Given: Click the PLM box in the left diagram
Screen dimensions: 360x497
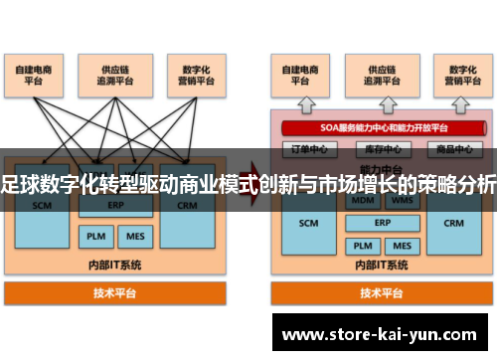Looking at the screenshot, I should click(x=94, y=237).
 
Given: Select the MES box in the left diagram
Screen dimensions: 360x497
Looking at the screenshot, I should click(x=132, y=237).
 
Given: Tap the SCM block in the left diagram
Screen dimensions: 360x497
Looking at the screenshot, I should click(x=42, y=208).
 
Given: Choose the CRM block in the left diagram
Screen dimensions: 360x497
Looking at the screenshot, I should click(x=187, y=208).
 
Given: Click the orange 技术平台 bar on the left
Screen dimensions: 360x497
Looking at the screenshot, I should click(x=115, y=292).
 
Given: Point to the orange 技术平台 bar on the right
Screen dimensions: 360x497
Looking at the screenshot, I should click(x=381, y=292).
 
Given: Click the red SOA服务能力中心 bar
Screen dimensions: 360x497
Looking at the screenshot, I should click(x=383, y=128).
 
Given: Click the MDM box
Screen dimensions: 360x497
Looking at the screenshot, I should click(x=363, y=200).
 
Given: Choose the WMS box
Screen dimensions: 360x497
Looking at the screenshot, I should click(x=402, y=200).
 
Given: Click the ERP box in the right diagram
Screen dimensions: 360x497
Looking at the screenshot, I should click(x=382, y=222).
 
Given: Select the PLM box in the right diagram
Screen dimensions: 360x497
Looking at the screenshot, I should click(x=363, y=244).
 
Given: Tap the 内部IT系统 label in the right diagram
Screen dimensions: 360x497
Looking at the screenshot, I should click(x=382, y=266).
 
